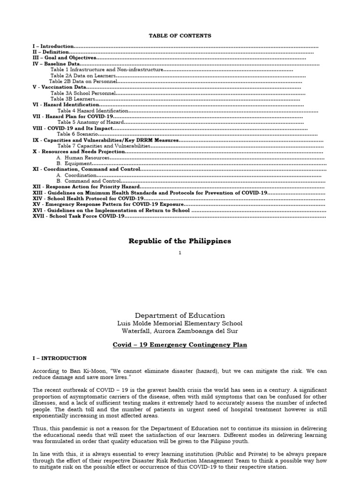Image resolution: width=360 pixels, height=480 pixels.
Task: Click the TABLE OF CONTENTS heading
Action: point(180,36)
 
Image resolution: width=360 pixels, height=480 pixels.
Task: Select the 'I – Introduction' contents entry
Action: point(53,47)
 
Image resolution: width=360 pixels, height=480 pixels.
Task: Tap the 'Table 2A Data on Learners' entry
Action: point(82,75)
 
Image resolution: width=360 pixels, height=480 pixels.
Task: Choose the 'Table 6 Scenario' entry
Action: point(77,134)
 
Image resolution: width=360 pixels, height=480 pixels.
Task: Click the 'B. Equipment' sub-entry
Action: point(73,164)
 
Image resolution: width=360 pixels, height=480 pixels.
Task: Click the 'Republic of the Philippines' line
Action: point(180,241)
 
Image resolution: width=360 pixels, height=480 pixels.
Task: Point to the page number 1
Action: point(180,253)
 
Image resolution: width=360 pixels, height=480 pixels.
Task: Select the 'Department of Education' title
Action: point(180,315)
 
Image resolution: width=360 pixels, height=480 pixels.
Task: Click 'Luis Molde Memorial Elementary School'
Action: point(180,323)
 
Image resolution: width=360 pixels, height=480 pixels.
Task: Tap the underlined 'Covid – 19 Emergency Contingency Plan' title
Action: point(180,345)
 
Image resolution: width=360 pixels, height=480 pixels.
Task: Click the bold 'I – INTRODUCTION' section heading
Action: point(60,358)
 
